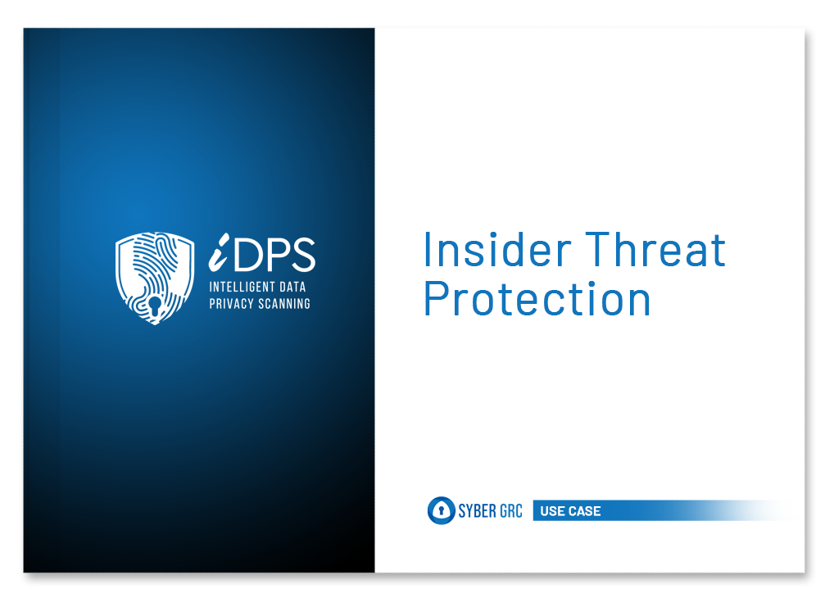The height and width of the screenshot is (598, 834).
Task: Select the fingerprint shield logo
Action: pos(155,278)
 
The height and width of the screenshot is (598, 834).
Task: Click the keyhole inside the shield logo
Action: pos(155,306)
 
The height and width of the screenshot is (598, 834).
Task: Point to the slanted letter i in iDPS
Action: pos(219,251)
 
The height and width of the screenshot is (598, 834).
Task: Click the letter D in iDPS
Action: pos(247,254)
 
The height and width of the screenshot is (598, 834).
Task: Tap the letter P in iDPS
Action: pos(277,254)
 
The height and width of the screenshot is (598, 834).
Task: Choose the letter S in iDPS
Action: pos(303,254)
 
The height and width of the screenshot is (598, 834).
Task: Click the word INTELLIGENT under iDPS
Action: pos(242,288)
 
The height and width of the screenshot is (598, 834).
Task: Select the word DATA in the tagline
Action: pos(292,288)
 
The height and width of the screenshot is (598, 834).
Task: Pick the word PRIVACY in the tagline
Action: pos(231,304)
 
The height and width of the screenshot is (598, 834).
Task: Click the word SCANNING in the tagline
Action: pos(284,304)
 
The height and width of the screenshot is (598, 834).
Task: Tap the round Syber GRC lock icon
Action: pos(441,510)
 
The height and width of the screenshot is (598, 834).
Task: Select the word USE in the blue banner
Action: pos(551,511)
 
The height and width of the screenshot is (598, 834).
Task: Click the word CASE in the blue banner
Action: pos(583,511)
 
